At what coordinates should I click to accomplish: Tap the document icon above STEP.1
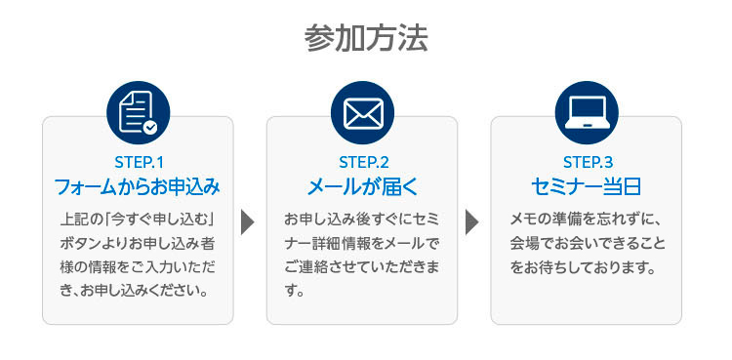coord(137,112)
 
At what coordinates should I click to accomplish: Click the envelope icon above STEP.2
coord(361,112)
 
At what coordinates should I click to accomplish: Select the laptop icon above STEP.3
coord(587,112)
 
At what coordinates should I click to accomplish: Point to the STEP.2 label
coord(362,161)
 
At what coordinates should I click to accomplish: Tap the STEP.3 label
coord(587,161)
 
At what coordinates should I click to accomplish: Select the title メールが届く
coord(362,185)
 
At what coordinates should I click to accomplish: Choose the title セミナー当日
coord(587,185)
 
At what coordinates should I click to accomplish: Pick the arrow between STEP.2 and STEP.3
coord(472,221)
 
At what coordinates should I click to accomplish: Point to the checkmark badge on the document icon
coord(150,127)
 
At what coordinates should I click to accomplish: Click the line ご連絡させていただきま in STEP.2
coord(361,266)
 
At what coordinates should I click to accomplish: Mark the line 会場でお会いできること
coord(586,241)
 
